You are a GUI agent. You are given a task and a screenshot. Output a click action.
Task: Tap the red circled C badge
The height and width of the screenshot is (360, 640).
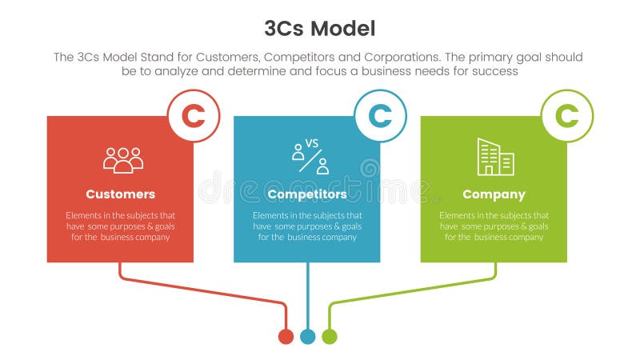(193, 116)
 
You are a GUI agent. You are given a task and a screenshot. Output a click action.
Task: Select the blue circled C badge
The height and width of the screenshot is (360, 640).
(380, 116)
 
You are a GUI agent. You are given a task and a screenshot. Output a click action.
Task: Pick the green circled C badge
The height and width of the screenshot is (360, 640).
(567, 116)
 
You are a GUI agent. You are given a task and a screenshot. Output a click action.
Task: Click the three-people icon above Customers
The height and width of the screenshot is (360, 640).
(122, 159)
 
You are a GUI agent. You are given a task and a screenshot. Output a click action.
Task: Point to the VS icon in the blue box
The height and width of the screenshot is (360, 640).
(310, 157)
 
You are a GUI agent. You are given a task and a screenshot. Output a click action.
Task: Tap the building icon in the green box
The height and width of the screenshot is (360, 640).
(495, 157)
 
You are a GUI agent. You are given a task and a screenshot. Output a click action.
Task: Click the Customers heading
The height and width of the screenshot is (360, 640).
(120, 194)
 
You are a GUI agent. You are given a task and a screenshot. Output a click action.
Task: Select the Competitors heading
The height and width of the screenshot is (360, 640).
(307, 194)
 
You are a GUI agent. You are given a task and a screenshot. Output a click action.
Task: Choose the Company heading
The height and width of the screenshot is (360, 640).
(494, 194)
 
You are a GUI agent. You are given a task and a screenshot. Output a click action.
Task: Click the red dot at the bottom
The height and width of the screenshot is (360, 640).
(286, 337)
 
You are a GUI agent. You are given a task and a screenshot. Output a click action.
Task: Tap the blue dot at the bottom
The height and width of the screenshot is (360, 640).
(307, 337)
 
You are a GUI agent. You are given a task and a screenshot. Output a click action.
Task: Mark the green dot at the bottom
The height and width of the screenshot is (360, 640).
(329, 337)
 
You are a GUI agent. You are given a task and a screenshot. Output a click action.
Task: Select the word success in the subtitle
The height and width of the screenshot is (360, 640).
(498, 71)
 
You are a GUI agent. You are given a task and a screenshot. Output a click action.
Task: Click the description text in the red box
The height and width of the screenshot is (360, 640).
(120, 226)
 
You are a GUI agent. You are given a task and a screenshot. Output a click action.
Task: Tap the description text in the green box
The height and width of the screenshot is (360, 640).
(494, 226)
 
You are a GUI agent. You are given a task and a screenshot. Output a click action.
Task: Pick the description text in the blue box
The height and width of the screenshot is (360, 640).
(307, 226)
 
